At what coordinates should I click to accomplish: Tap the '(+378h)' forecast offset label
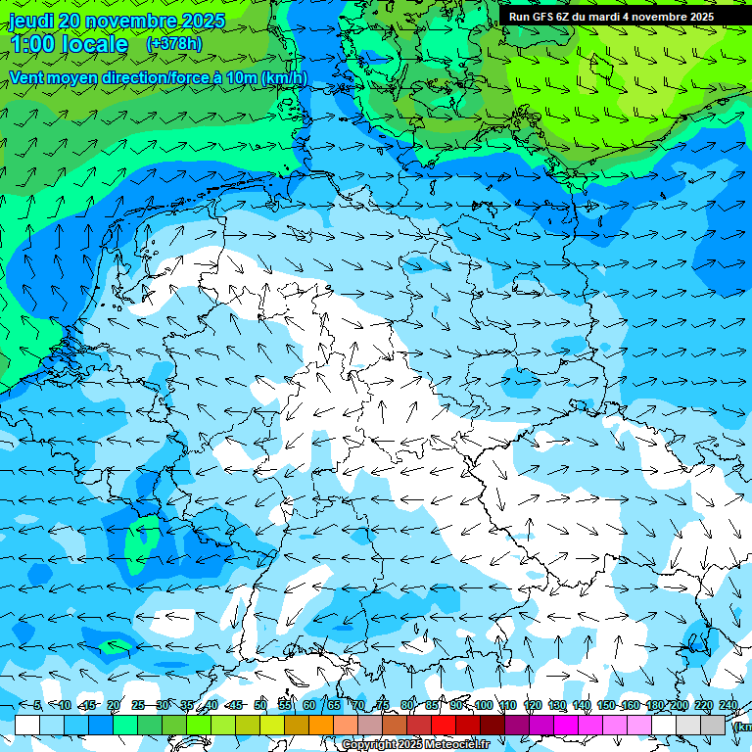174,43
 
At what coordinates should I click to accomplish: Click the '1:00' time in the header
36,44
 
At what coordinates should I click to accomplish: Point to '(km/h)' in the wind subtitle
284,77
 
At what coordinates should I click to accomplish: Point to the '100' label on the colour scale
484,706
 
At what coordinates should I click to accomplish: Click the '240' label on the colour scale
728,706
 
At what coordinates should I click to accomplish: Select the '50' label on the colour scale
260,706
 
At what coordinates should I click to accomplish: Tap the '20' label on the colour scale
114,706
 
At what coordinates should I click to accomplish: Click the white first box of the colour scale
27,725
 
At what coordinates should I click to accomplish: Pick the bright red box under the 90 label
444,725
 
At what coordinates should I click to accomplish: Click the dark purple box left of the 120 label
517,725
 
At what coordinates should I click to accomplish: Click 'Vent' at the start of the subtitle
28,77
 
